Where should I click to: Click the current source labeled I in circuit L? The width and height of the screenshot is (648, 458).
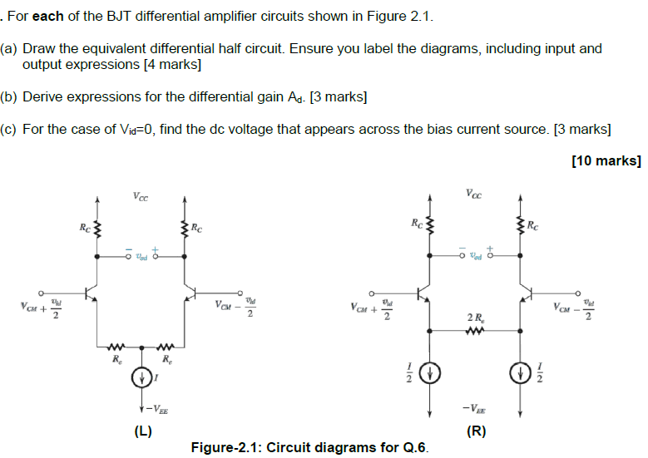(142, 378)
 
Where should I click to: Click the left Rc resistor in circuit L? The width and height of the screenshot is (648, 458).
(97, 228)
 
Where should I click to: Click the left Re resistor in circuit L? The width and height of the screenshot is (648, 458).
(116, 347)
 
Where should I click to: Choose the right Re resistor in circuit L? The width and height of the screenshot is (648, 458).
(166, 347)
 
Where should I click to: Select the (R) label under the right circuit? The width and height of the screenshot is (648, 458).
(476, 431)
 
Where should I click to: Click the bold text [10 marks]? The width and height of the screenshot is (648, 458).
(606, 160)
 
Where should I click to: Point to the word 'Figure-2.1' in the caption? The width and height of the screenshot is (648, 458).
(223, 448)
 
